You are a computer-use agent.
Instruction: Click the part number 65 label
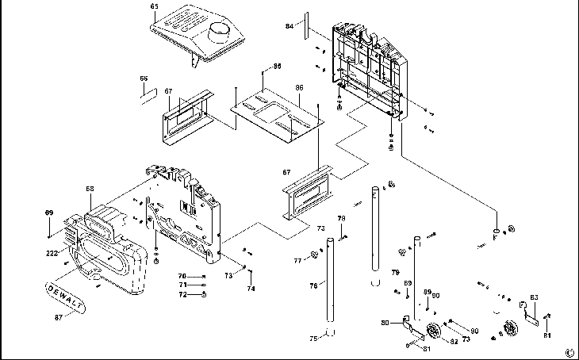point(154,6)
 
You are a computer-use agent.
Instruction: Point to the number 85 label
point(277,66)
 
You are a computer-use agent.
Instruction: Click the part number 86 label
point(300,87)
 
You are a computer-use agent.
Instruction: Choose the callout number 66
point(144,79)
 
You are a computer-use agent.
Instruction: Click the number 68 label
point(90,189)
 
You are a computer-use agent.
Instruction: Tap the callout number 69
point(48,213)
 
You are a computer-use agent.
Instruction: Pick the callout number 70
point(182,275)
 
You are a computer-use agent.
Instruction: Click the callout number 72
point(182,294)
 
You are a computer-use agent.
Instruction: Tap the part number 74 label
point(251,289)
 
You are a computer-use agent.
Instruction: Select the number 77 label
point(298,260)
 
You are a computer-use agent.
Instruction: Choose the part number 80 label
point(385,323)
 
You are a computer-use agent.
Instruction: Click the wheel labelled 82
point(433,332)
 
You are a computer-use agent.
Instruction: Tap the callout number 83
point(535,297)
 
